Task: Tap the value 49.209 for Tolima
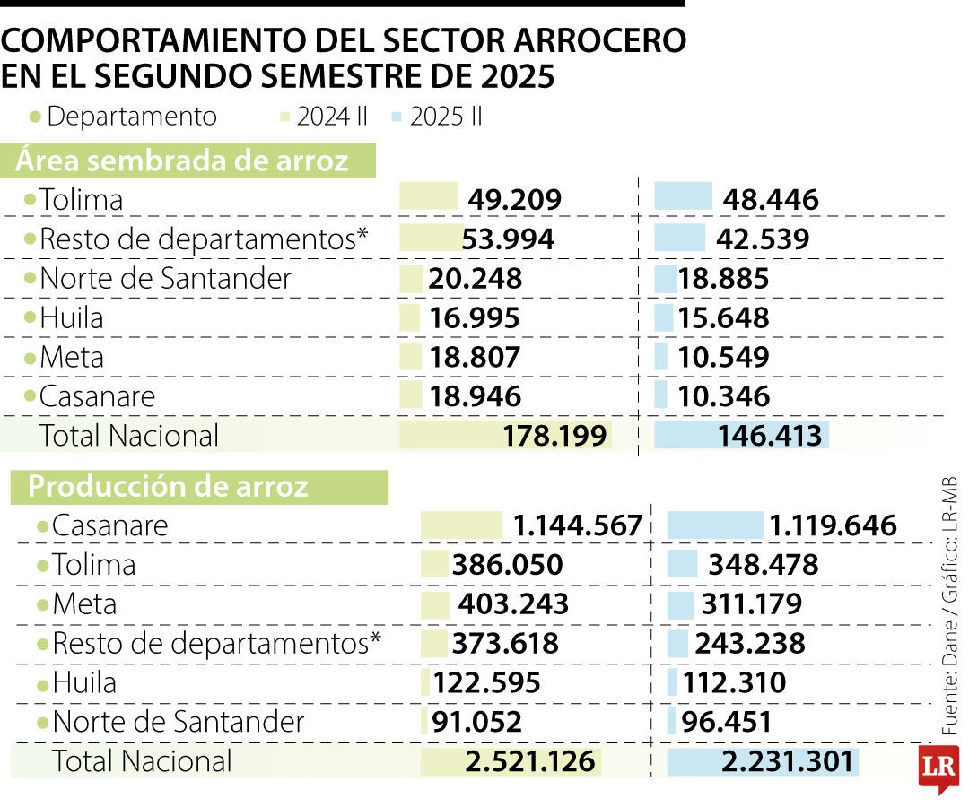[514, 200]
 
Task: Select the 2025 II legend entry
[446, 117]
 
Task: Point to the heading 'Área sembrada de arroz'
[183, 161]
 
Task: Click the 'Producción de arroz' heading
[169, 486]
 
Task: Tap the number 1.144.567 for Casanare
[578, 525]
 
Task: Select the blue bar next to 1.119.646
[715, 525]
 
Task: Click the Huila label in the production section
[84, 683]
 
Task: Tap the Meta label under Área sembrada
[72, 357]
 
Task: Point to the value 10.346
[723, 396]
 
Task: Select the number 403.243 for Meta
[513, 604]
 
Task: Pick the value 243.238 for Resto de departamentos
[749, 644]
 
